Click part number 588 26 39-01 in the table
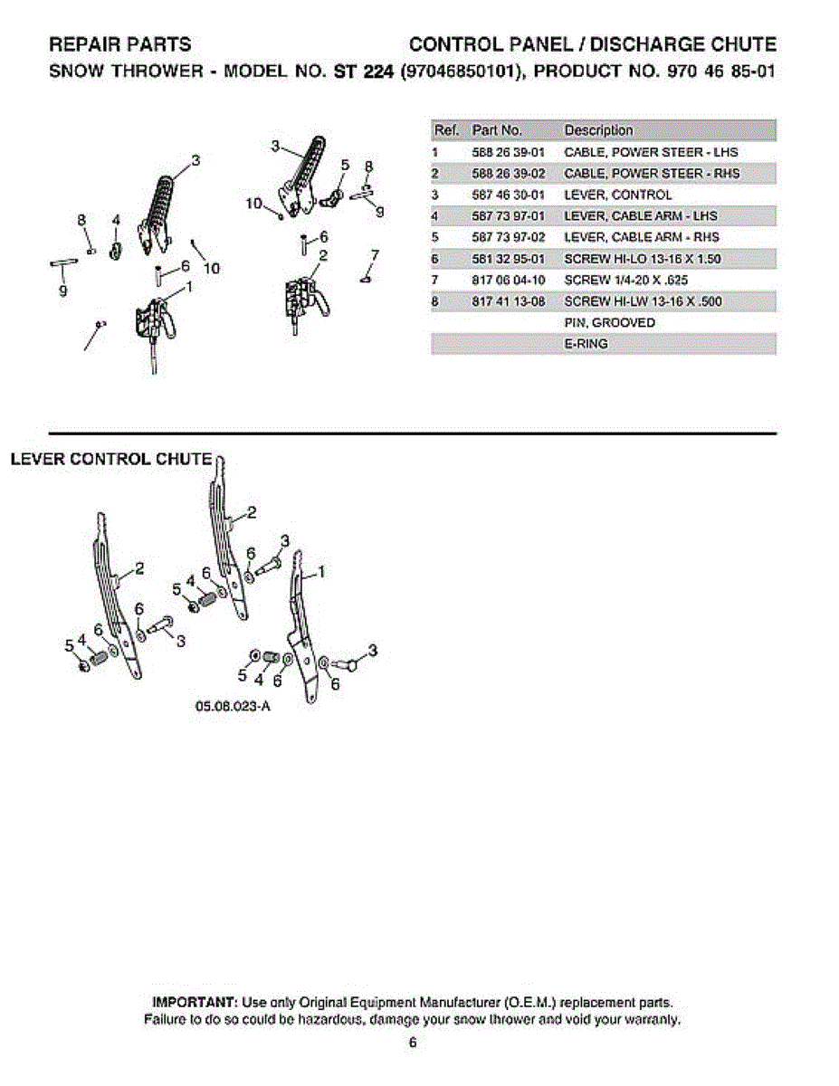coord(508,152)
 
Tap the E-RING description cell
coord(586,344)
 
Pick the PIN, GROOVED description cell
coord(596,323)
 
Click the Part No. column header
coord(498,130)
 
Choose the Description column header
coord(598,130)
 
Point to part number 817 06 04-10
coord(508,281)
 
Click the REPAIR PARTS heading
coord(119,44)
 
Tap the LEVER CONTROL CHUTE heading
coord(111,459)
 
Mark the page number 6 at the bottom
coord(413,1043)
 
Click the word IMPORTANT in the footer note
coord(195,1003)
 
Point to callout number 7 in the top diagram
coord(375,254)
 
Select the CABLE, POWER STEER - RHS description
coord(651,173)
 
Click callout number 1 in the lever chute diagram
coord(323,571)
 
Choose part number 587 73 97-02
coord(508,237)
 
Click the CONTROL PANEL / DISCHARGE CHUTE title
coord(593,44)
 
